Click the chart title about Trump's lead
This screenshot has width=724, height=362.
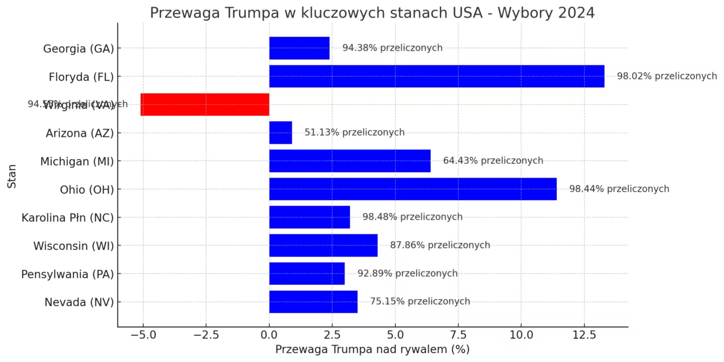point(372,13)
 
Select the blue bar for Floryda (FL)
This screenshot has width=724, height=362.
point(436,76)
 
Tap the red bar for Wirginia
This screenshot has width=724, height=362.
point(205,104)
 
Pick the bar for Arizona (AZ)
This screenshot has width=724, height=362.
point(281,133)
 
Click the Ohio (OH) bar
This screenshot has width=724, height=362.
point(413,189)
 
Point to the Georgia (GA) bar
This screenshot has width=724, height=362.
point(299,48)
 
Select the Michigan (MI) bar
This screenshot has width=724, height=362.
point(350,161)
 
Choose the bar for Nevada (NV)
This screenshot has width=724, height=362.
point(313,302)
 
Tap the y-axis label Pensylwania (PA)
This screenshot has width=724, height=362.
point(68,274)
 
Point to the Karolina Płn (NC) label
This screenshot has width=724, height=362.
point(68,217)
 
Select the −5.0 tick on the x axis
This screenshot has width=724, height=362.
point(142,335)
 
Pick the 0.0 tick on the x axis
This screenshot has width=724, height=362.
point(269,335)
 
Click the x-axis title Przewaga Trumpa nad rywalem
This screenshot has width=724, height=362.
point(372,349)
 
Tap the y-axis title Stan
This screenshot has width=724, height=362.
point(12,175)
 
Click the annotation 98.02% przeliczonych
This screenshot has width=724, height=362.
point(667,76)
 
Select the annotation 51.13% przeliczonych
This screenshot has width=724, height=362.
point(354,133)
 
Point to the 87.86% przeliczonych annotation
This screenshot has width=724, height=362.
point(440,245)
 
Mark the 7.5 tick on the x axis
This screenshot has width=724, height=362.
point(458,335)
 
